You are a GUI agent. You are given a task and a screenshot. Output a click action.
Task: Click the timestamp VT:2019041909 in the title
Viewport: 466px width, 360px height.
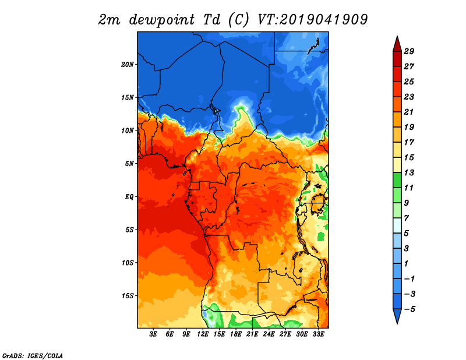[x=312, y=19]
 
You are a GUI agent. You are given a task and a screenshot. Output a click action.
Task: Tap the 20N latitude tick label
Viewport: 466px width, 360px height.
[x=128, y=64]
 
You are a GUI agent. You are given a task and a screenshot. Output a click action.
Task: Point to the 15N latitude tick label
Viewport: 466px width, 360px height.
[x=128, y=97]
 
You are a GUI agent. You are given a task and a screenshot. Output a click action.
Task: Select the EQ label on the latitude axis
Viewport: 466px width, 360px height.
[x=129, y=196]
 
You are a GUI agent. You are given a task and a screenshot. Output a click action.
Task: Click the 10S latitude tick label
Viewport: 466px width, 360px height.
[x=128, y=263]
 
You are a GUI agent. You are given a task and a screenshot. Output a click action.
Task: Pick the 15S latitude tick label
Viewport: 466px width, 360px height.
[x=128, y=296]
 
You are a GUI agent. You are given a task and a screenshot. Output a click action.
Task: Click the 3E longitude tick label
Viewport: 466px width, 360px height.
[x=154, y=334]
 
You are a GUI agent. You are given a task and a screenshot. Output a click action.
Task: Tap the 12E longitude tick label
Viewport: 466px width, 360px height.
[x=203, y=334]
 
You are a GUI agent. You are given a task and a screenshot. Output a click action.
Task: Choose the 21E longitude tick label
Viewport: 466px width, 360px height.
[x=252, y=334]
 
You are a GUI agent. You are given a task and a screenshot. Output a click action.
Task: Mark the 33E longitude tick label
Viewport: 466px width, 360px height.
[x=318, y=334]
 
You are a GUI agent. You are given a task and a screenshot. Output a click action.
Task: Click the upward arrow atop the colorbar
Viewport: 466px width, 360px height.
[x=396, y=44]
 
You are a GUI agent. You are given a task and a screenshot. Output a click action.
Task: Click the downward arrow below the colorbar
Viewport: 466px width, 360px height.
[x=396, y=316]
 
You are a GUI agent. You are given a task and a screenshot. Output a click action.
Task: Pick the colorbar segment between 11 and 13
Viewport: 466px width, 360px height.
[x=396, y=180]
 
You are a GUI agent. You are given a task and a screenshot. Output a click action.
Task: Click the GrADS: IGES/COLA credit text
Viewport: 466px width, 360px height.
[x=32, y=355]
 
